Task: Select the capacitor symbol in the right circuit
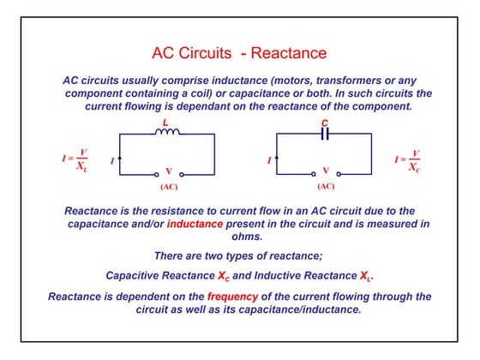[324, 135]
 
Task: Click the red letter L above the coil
[165, 123]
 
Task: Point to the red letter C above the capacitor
[324, 123]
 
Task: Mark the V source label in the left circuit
[168, 171]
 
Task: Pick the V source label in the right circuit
[326, 171]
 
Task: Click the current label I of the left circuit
[111, 161]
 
